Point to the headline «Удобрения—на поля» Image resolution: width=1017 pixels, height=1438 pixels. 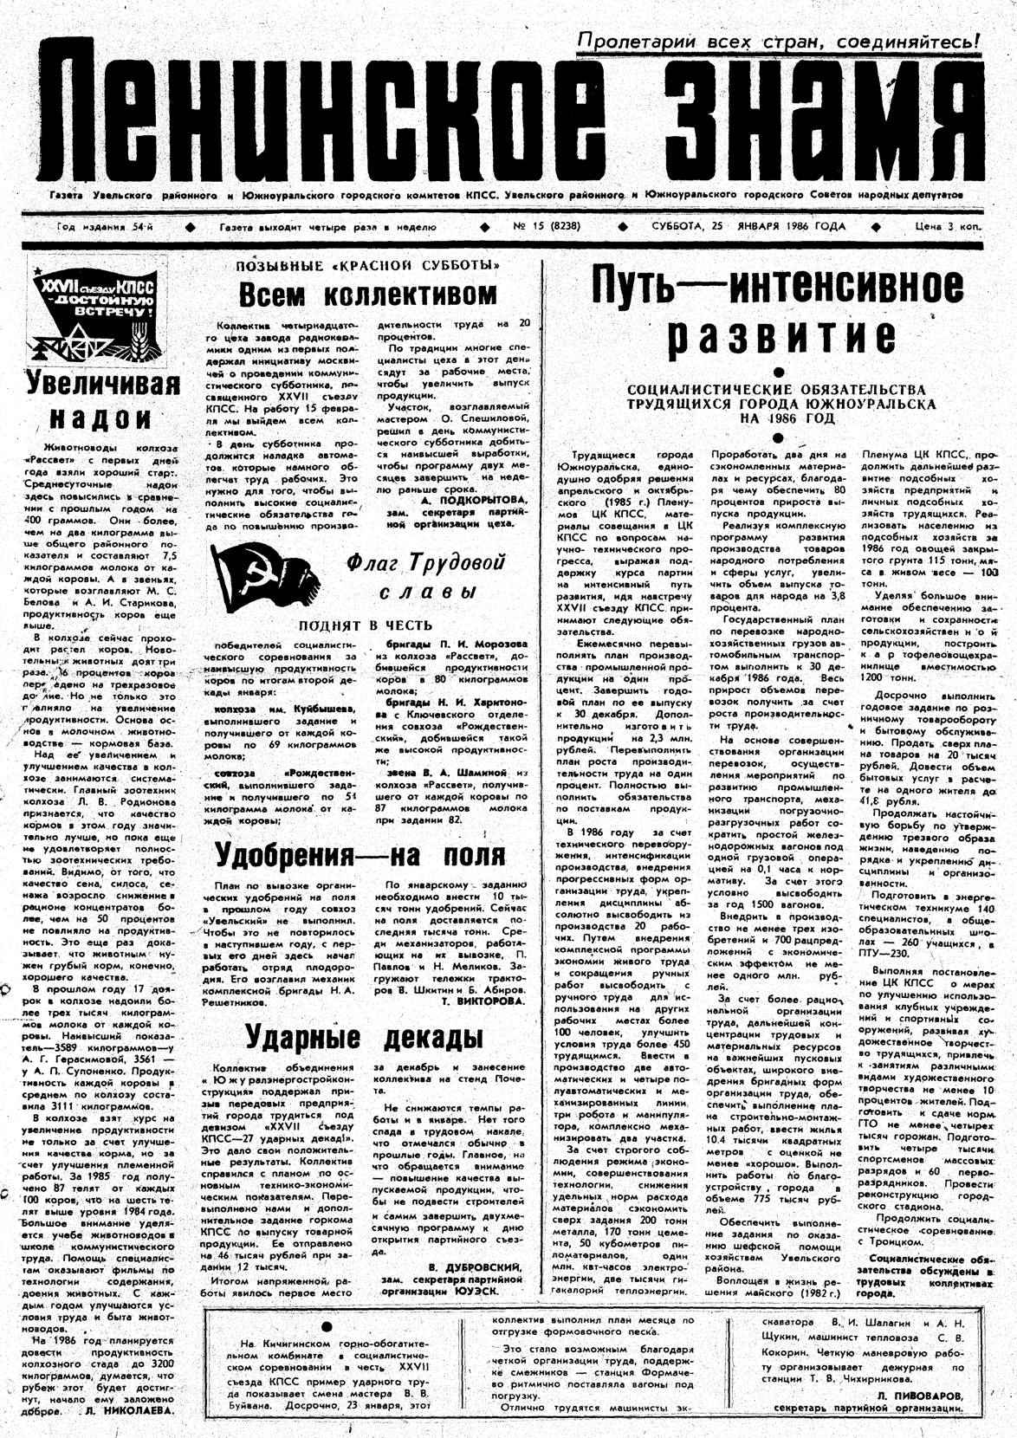360,855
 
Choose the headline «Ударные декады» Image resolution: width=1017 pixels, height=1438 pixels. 363,1036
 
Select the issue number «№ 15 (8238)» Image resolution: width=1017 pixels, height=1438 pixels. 547,227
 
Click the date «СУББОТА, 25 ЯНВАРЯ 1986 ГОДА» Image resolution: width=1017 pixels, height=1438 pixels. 748,227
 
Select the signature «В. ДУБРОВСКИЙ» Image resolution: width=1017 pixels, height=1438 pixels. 476,1266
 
